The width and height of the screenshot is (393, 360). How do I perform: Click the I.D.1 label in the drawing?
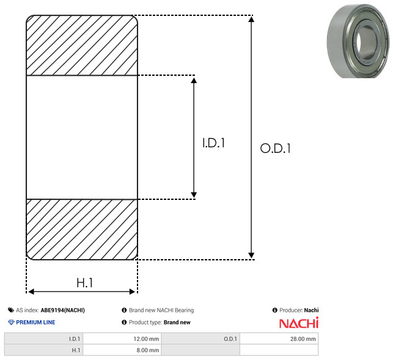tap(213, 143)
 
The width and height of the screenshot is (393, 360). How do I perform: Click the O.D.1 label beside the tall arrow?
tap(276, 148)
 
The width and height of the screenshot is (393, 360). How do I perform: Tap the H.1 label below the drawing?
tap(85, 283)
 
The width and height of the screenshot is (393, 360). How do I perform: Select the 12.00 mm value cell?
tap(122, 339)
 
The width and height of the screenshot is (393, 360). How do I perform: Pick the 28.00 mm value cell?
tap(279, 339)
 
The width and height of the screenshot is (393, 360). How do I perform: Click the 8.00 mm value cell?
tap(122, 350)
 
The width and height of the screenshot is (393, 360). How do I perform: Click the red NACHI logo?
tap(299, 323)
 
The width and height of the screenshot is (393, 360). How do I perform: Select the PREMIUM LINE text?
tap(35, 322)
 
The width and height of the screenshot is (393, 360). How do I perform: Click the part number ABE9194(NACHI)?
tap(63, 310)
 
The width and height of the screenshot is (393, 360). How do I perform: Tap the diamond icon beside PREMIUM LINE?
tap(11, 322)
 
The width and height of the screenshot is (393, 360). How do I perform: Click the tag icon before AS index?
tap(11, 310)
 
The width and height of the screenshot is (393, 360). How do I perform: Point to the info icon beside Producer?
tap(274, 310)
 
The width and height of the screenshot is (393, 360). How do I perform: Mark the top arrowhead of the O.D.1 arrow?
tap(251, 19)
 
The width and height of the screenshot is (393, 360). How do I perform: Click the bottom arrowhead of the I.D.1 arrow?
tap(194, 195)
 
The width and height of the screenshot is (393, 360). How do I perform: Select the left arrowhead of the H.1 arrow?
tap(31, 292)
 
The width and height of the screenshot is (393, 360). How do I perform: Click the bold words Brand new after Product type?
tap(177, 322)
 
